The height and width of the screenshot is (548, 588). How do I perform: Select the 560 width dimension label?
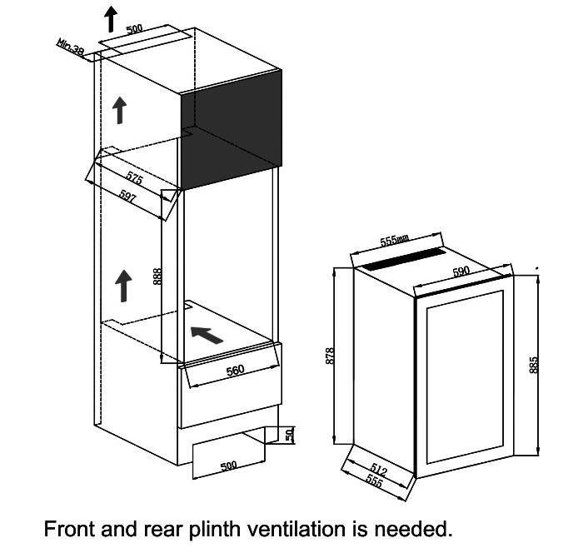pyautogui.click(x=236, y=371)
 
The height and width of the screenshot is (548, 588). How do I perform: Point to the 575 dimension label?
pyautogui.click(x=134, y=178)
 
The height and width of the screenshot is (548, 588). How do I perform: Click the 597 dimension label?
pyautogui.click(x=127, y=197)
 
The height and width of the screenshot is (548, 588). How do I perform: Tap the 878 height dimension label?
pyautogui.click(x=330, y=356)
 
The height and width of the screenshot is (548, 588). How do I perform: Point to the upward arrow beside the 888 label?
pyautogui.click(x=123, y=285)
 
